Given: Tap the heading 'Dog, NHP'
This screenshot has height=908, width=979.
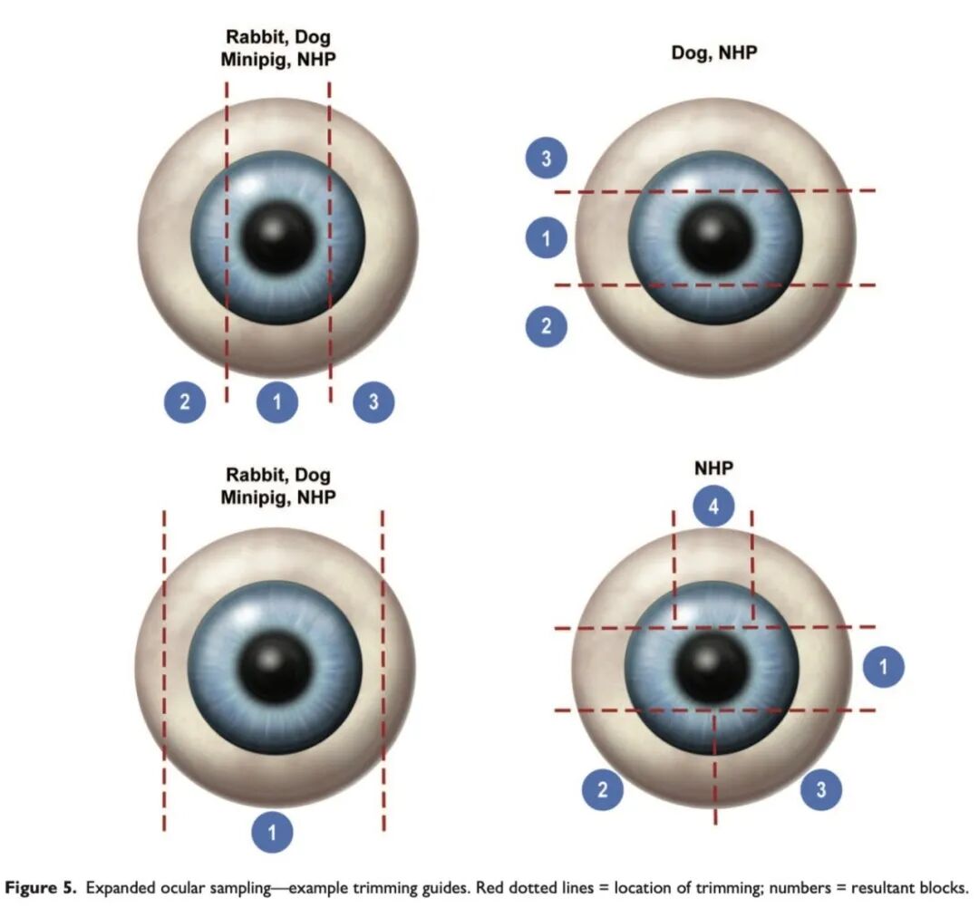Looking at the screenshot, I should [x=713, y=52].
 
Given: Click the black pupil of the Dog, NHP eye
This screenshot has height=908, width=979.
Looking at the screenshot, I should [x=715, y=238].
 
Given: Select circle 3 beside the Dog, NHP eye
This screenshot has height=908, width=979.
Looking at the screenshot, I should [x=547, y=160].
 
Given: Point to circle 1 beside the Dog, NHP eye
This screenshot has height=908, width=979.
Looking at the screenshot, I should [x=547, y=239].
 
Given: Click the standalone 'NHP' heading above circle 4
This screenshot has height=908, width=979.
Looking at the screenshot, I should [x=714, y=468].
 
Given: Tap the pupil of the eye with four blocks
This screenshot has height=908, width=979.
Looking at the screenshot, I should [x=712, y=667].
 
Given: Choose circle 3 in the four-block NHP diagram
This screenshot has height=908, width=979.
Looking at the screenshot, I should [x=821, y=789].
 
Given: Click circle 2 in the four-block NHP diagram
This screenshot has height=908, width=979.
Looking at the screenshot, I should [x=603, y=789].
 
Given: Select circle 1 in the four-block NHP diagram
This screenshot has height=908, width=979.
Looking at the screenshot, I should [x=884, y=668].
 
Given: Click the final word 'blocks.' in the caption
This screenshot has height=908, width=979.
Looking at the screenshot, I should [x=944, y=887].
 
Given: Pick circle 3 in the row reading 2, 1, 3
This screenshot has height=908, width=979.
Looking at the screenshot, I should [x=373, y=402].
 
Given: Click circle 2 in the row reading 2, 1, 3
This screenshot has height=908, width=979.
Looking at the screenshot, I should [x=185, y=402].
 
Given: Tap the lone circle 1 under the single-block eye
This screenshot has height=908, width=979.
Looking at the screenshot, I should [x=273, y=832].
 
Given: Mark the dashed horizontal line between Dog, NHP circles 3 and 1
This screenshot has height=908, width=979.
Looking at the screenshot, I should [x=715, y=191].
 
